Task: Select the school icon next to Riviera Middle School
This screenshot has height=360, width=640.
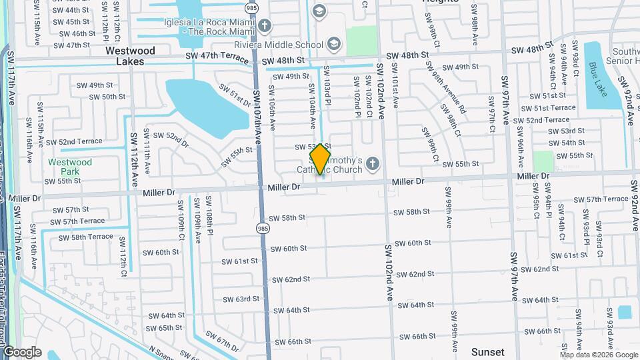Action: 333,45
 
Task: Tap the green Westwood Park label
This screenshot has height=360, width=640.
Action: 70,166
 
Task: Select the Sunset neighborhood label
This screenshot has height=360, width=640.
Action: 487,351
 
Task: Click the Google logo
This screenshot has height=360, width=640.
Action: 21,352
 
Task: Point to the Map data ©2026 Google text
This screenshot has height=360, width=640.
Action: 598,355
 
